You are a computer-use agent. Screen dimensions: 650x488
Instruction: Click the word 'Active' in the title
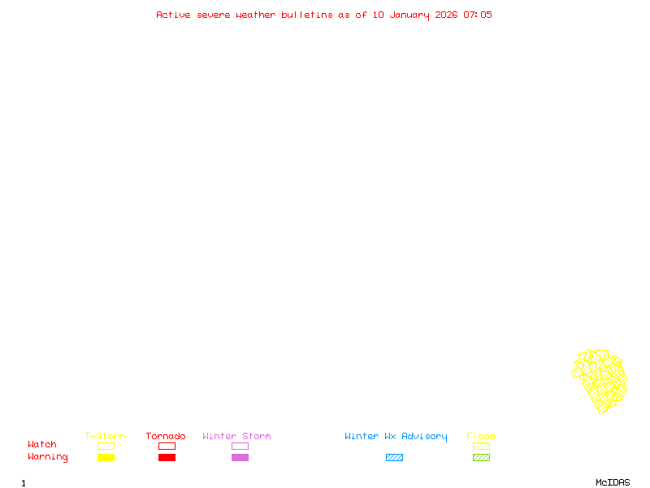[x=173, y=15]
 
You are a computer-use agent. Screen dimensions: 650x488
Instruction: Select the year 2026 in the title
[x=446, y=15]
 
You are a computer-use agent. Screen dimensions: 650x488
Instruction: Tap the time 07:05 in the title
[x=478, y=15]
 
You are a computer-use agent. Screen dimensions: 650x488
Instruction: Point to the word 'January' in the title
[x=409, y=15]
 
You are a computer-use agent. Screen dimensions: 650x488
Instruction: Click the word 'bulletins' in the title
[x=307, y=15]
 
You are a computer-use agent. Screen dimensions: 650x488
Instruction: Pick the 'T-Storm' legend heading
[x=105, y=436]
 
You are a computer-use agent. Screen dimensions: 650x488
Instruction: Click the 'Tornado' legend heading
[x=166, y=436]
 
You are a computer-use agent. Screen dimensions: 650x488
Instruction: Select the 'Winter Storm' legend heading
[x=236, y=436]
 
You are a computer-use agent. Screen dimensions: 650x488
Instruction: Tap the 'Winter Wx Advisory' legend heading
[x=396, y=437]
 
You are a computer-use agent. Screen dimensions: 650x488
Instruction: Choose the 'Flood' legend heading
[x=481, y=436]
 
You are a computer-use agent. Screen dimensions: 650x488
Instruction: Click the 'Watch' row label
[x=42, y=444]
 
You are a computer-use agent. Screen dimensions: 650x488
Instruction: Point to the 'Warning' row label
[x=48, y=457]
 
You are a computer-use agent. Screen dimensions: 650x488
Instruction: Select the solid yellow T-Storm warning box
[x=106, y=457]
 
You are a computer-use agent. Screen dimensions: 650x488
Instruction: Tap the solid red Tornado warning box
[x=167, y=457]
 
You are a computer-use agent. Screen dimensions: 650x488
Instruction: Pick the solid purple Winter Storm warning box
[x=240, y=457]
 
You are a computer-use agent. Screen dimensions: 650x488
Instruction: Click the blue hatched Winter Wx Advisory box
[x=394, y=457]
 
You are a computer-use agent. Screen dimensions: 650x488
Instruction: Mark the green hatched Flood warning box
[x=481, y=457]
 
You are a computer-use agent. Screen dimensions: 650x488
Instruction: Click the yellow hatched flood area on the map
[x=600, y=381]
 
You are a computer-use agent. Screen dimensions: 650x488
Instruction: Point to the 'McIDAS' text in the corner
[x=613, y=482]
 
